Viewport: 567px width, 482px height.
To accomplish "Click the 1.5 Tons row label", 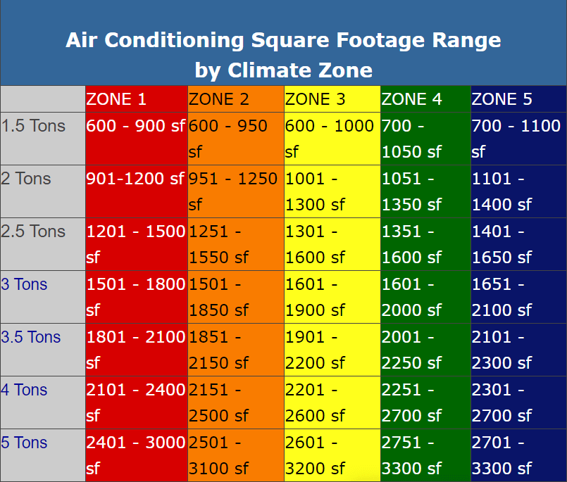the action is (x=33, y=126).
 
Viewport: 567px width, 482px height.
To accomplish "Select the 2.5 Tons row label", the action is (x=33, y=232).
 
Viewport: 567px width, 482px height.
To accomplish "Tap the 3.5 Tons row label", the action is (x=31, y=337).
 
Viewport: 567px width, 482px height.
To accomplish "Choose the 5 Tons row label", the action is (x=24, y=443).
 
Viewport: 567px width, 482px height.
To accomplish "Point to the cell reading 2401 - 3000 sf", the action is (x=136, y=455).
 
